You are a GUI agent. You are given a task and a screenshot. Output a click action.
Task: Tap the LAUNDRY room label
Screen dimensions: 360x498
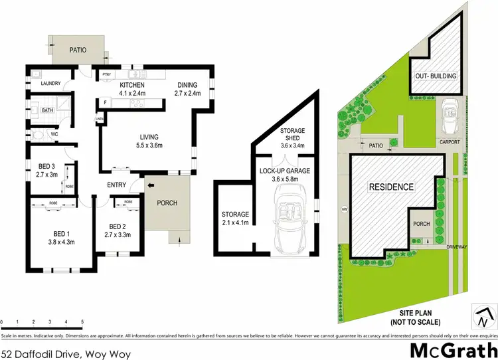[50, 83]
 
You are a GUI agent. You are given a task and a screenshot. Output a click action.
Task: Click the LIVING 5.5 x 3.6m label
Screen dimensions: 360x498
[149, 140]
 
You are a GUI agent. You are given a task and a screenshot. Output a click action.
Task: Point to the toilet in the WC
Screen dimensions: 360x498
[38, 135]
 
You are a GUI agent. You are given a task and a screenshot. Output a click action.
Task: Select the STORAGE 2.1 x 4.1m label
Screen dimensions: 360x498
[235, 218]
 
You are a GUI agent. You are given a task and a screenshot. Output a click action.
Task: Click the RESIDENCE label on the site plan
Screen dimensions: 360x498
[392, 187]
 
